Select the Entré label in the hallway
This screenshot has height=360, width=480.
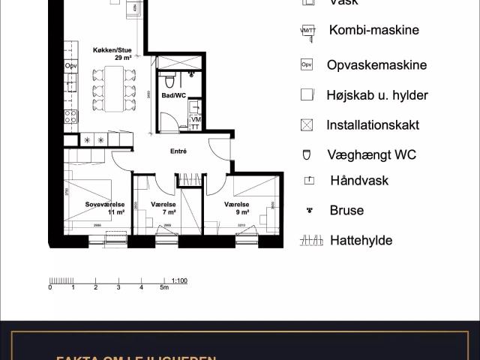point(178,151)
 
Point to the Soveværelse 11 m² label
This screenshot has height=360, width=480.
point(103,208)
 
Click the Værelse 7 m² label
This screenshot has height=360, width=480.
point(163,208)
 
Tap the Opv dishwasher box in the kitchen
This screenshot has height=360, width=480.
point(71,66)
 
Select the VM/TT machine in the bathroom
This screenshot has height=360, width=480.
point(196,123)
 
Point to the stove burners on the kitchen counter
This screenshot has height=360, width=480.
point(71,116)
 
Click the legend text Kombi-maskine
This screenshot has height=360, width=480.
point(373,31)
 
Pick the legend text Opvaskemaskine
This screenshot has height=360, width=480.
point(376,65)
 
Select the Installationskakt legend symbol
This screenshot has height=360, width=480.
point(306,125)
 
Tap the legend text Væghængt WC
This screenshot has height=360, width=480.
point(371,155)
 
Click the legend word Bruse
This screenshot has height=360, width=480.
point(346,211)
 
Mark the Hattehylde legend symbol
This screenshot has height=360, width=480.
point(308,241)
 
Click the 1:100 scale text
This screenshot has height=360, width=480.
point(179,280)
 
